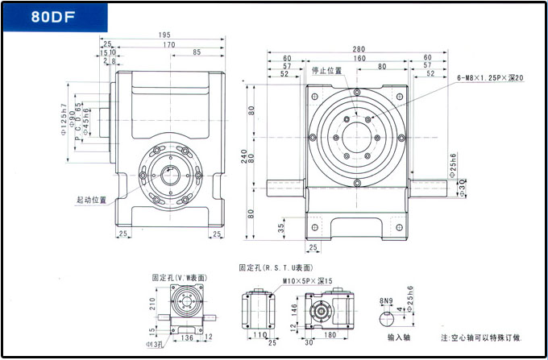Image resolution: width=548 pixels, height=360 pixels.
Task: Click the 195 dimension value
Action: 164,35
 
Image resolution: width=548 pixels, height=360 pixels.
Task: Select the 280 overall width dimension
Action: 358,49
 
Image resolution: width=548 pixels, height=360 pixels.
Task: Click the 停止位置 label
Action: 326,70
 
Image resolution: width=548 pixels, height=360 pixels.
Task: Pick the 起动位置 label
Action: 91,199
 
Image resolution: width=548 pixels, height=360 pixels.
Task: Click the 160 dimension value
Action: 358,58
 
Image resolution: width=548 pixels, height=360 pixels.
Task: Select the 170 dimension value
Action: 168,44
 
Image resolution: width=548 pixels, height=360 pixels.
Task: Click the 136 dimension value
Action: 187,337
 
